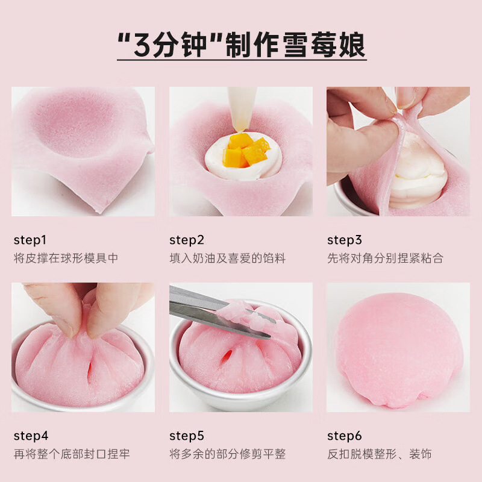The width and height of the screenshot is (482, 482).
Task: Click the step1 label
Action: [x=30, y=240]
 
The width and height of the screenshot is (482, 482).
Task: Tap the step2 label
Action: [x=187, y=240]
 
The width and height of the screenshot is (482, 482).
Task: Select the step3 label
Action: [x=345, y=240]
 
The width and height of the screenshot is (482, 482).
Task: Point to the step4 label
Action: [x=31, y=436]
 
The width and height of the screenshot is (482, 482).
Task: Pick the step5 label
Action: [x=187, y=436]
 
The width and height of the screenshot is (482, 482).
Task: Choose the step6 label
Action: [x=345, y=436]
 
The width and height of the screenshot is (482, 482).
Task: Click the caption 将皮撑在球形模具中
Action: [x=66, y=258]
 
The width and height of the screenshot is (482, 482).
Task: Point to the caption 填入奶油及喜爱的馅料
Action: [x=227, y=258]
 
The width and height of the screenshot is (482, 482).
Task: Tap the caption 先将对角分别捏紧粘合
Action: [x=386, y=258]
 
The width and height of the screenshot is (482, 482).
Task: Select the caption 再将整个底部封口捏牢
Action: [x=72, y=454]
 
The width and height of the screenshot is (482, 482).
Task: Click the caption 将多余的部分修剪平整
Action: [x=227, y=454]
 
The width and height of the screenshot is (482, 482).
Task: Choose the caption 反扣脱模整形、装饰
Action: [x=380, y=454]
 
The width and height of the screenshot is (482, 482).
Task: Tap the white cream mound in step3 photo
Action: [x=416, y=175]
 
